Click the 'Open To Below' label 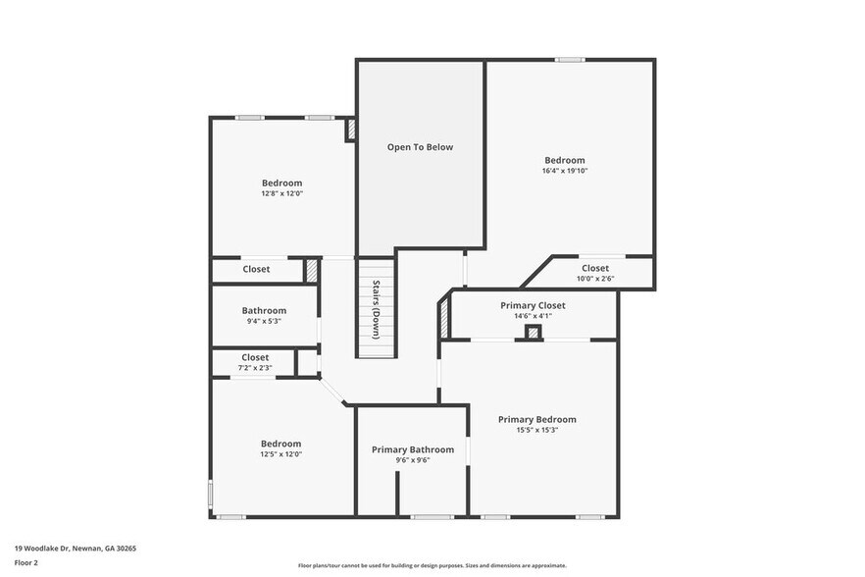[x=420, y=147]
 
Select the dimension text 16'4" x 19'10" [x=564, y=171]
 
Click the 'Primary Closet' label [x=533, y=305]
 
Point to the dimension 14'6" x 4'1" [x=533, y=316]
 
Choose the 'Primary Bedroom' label [x=536, y=419]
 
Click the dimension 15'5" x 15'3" [x=536, y=430]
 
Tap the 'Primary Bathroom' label [x=413, y=449]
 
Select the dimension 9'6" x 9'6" [x=413, y=460]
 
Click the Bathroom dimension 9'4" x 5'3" [x=264, y=321]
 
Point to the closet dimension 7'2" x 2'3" [x=255, y=368]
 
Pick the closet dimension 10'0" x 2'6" [x=594, y=279]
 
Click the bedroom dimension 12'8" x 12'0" [x=281, y=193]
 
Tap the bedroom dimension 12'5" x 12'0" [x=280, y=454]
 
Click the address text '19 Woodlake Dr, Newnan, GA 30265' [x=76, y=549]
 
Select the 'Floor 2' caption [x=26, y=563]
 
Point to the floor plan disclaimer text [x=432, y=565]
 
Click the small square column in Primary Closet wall [x=533, y=333]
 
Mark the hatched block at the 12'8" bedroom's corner [x=350, y=131]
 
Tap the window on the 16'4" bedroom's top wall [x=570, y=60]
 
